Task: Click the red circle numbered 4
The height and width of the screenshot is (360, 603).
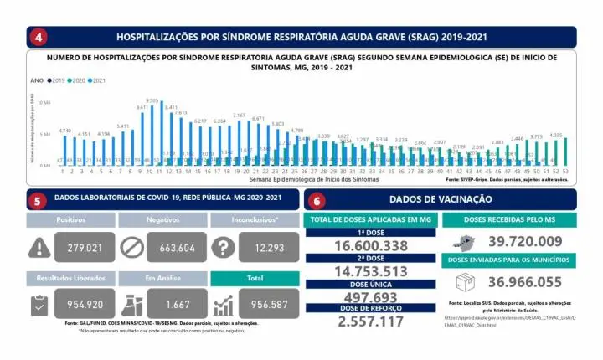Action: [x=38, y=37]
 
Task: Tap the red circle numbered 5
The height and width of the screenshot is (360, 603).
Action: [x=38, y=201]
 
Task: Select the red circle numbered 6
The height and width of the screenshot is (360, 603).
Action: [x=317, y=201]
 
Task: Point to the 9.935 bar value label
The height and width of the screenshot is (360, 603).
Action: [x=152, y=100]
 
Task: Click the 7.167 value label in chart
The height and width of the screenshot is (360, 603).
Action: [x=239, y=115]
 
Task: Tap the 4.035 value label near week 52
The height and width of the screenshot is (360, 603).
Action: [x=556, y=134]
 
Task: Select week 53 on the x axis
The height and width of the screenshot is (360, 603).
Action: [x=567, y=172]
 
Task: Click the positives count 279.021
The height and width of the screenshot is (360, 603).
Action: [x=79, y=248]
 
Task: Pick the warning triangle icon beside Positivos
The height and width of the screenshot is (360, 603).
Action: [x=39, y=248]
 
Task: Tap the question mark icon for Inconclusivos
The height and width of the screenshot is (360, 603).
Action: [x=223, y=248]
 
